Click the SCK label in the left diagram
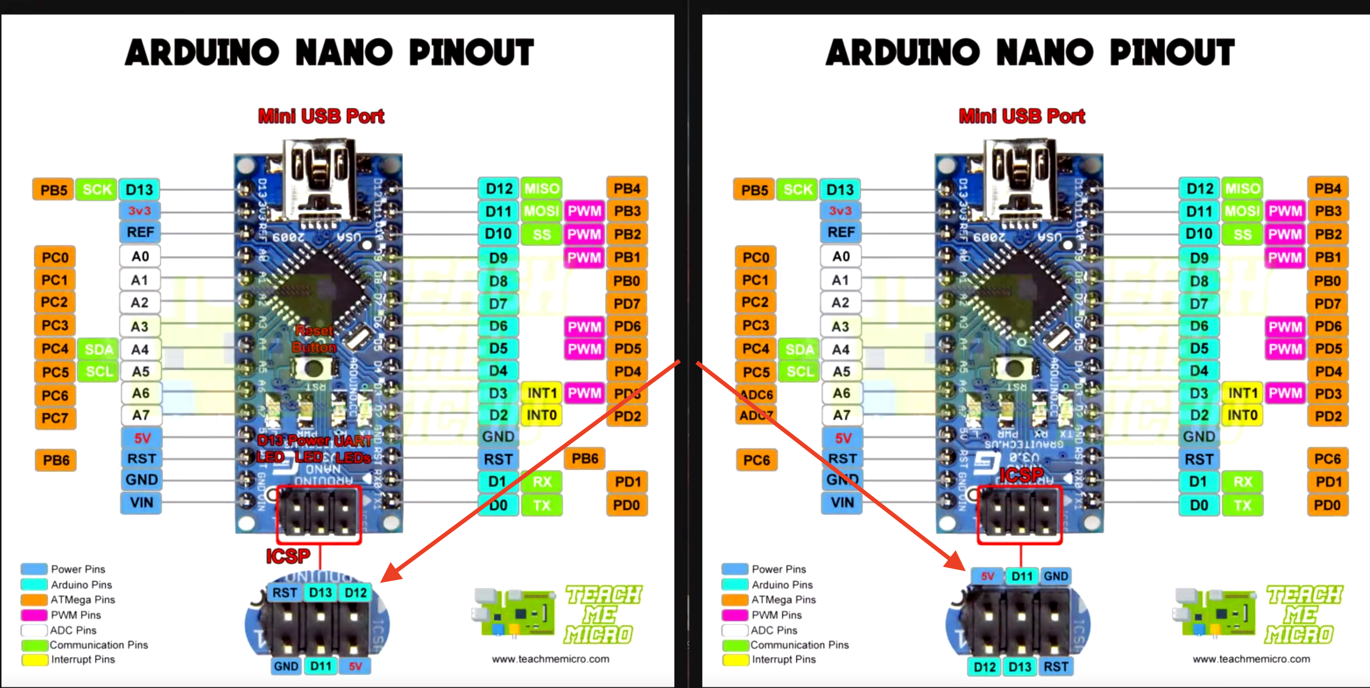97,190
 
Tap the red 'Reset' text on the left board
314,331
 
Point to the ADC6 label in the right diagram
756,394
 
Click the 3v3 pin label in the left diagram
139,211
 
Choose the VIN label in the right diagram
842,502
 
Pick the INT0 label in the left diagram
541,415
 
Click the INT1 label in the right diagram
1242,393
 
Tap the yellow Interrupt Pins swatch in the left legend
34,660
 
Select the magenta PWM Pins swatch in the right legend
735,615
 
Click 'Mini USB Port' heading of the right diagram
1022,116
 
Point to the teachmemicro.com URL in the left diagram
550,659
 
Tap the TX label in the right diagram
1242,505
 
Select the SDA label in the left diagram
98,349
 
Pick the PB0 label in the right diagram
1327,281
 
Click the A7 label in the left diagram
141,415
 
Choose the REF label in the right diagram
841,232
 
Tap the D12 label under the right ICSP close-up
985,667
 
